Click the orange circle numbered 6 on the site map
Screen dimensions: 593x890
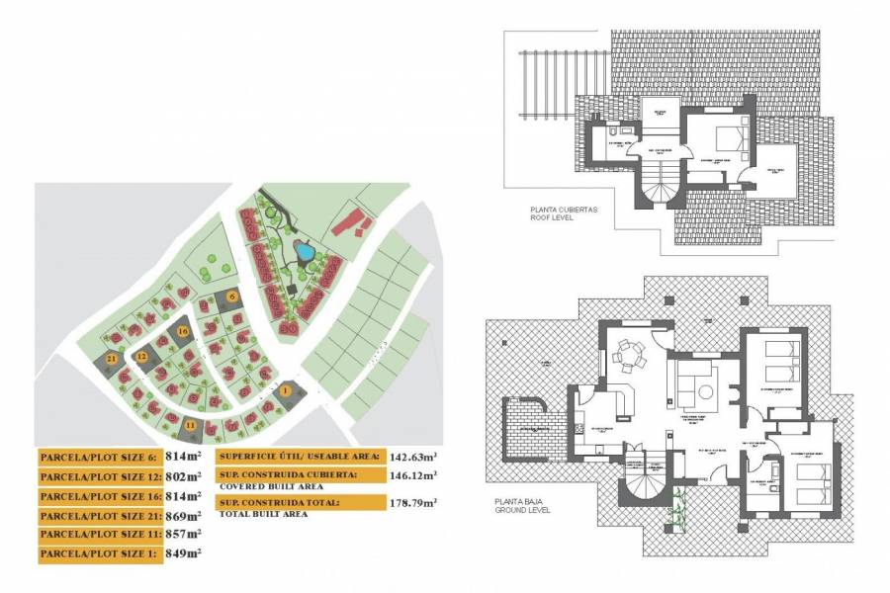coord(232,296)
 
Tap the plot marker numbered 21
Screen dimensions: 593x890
coord(112,358)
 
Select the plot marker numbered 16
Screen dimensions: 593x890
coord(183,332)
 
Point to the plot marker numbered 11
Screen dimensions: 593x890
coord(190,425)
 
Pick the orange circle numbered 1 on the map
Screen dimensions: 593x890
coord(286,391)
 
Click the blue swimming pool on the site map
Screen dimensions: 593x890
coord(306,253)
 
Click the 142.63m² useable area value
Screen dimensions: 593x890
coord(413,457)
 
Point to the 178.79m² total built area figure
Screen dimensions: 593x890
coord(413,503)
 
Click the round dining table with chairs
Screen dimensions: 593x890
coord(628,354)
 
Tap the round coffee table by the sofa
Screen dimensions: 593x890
coord(705,393)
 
